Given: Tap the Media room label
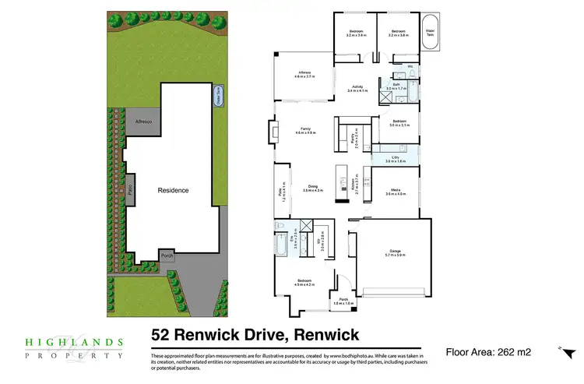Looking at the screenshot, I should (396, 191).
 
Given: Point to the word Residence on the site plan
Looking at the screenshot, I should (174, 190).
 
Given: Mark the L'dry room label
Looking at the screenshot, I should (396, 159).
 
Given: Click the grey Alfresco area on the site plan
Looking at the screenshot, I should (143, 122).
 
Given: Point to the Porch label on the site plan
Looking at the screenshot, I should (167, 255).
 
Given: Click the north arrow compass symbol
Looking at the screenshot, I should (560, 347).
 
